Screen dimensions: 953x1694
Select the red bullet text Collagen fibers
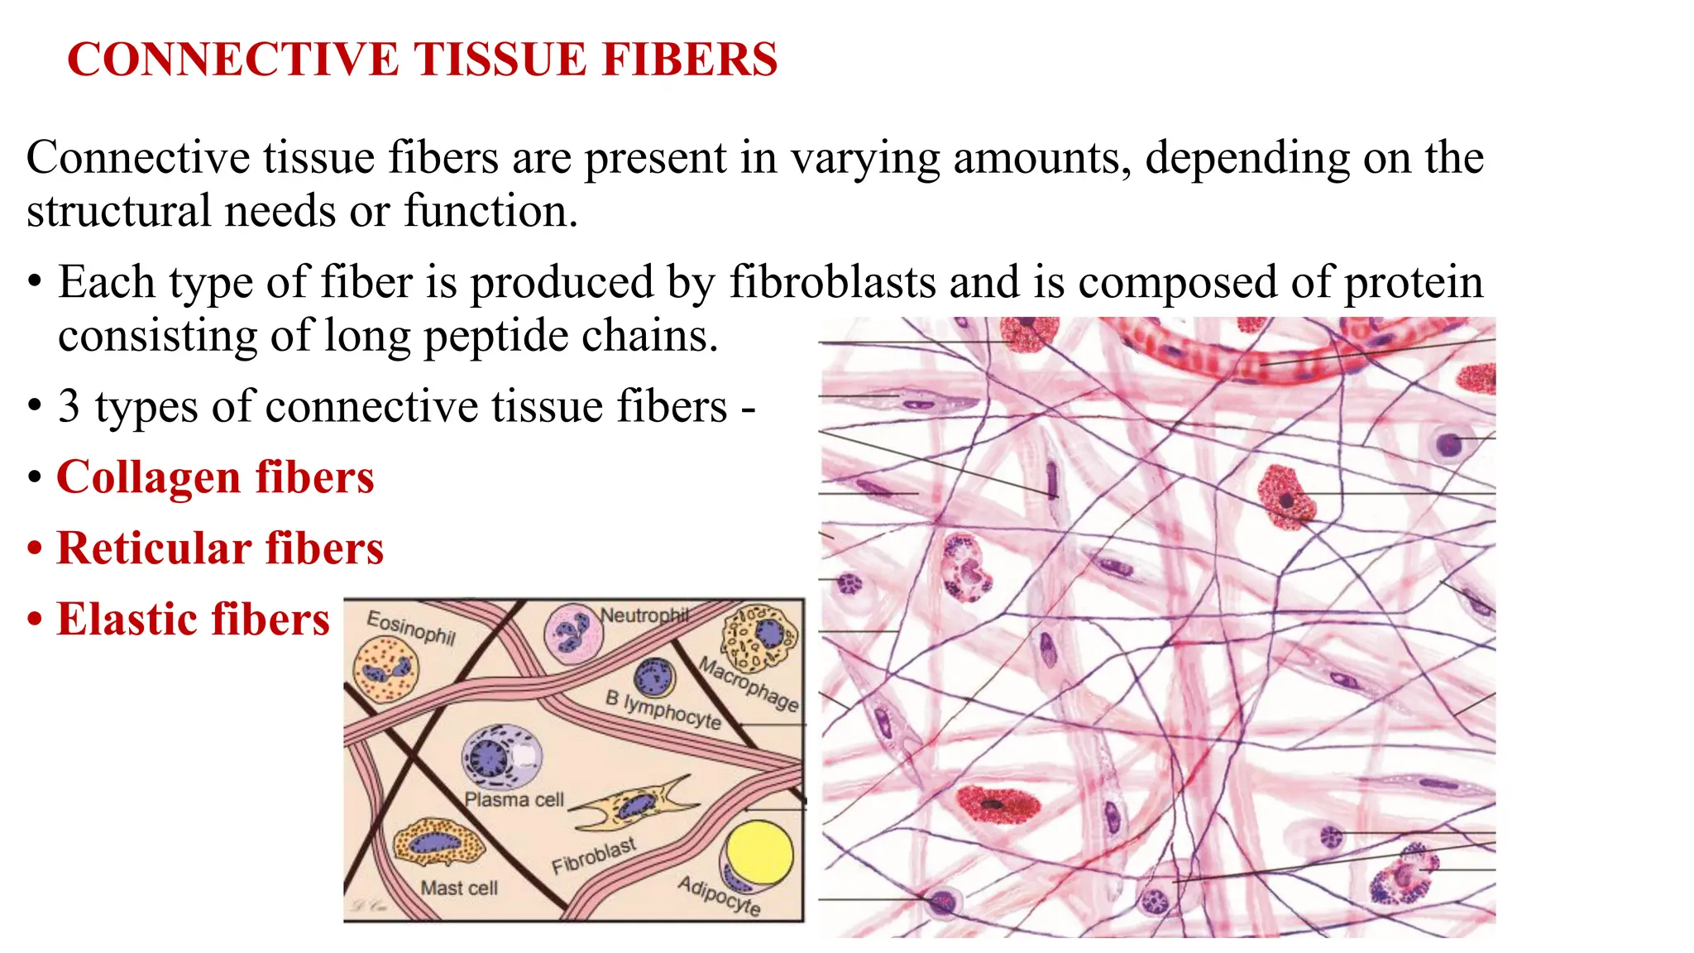(x=215, y=477)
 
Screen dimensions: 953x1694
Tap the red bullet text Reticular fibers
(x=220, y=548)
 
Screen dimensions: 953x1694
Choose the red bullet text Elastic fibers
(x=193, y=620)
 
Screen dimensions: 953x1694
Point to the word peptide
(x=495, y=336)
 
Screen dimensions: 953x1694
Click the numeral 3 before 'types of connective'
(x=69, y=407)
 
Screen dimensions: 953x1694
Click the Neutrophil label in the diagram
(x=644, y=615)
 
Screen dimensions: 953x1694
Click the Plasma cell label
(x=514, y=800)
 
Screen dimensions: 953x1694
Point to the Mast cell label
(x=459, y=888)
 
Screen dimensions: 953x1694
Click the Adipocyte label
(x=719, y=896)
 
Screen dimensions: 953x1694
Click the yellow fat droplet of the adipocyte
(x=758, y=853)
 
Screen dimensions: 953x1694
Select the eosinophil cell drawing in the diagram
(x=385, y=671)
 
